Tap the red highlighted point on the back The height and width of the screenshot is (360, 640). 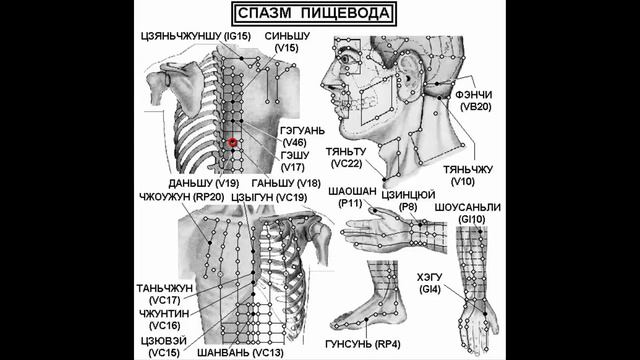[233, 143]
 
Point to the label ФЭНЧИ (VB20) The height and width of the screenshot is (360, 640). [473, 99]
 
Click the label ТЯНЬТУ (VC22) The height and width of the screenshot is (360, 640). [346, 157]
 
